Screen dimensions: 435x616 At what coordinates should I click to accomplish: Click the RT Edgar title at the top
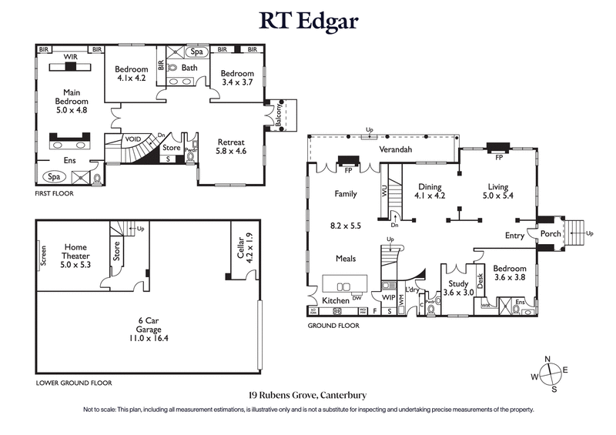click(x=308, y=20)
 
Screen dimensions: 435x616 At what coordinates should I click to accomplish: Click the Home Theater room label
click(x=75, y=253)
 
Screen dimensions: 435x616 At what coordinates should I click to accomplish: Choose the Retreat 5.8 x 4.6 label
click(x=232, y=147)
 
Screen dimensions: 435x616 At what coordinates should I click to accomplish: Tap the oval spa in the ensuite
click(x=54, y=176)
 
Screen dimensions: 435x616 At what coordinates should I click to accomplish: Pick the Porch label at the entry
click(x=551, y=233)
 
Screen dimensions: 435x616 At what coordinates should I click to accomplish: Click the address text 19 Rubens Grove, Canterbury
click(x=307, y=394)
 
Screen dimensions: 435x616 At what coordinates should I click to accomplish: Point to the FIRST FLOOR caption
click(x=55, y=194)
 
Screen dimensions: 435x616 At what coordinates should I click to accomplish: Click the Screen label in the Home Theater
click(x=43, y=256)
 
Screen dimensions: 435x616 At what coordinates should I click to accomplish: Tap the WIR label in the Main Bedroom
click(x=70, y=56)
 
